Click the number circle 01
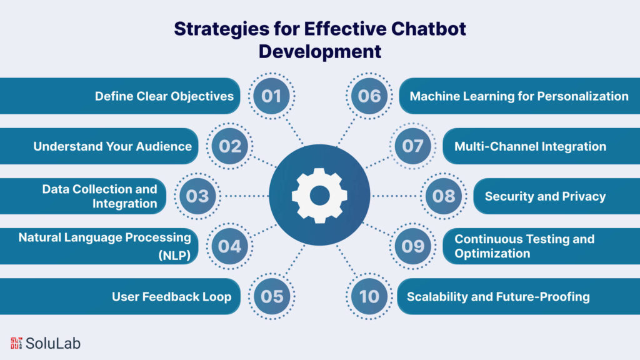[x=272, y=96]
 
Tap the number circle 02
[x=230, y=146]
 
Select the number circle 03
[x=197, y=196]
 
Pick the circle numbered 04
[x=230, y=246]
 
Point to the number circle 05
[x=272, y=296]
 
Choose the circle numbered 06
[x=369, y=96]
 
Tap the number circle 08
[x=444, y=196]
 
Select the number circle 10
[x=369, y=296]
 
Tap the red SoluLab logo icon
[x=16, y=342]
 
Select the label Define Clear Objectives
[x=164, y=96]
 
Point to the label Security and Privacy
[x=545, y=196]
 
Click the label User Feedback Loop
[x=171, y=296]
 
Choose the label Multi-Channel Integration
[x=530, y=146]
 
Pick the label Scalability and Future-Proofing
[x=498, y=296]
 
